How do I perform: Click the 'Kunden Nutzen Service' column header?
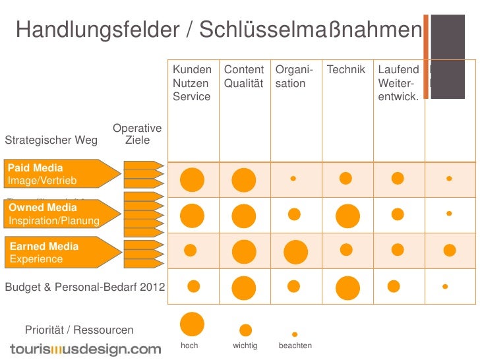[192, 83]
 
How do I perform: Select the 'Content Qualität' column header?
[243, 76]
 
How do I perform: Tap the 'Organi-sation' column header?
[294, 76]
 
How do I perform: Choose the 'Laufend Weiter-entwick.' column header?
[398, 83]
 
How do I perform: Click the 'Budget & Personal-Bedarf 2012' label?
[85, 287]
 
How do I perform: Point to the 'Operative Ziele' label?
[137, 134]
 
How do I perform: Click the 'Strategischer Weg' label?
[51, 140]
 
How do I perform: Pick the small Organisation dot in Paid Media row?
[293, 178]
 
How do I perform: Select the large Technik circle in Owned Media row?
[347, 216]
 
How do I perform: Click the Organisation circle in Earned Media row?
[295, 251]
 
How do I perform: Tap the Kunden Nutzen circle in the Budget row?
[194, 285]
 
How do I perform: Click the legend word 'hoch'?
[189, 345]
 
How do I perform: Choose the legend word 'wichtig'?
[245, 345]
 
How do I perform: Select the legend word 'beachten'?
[295, 345]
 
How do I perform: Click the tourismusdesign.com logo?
[85, 349]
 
